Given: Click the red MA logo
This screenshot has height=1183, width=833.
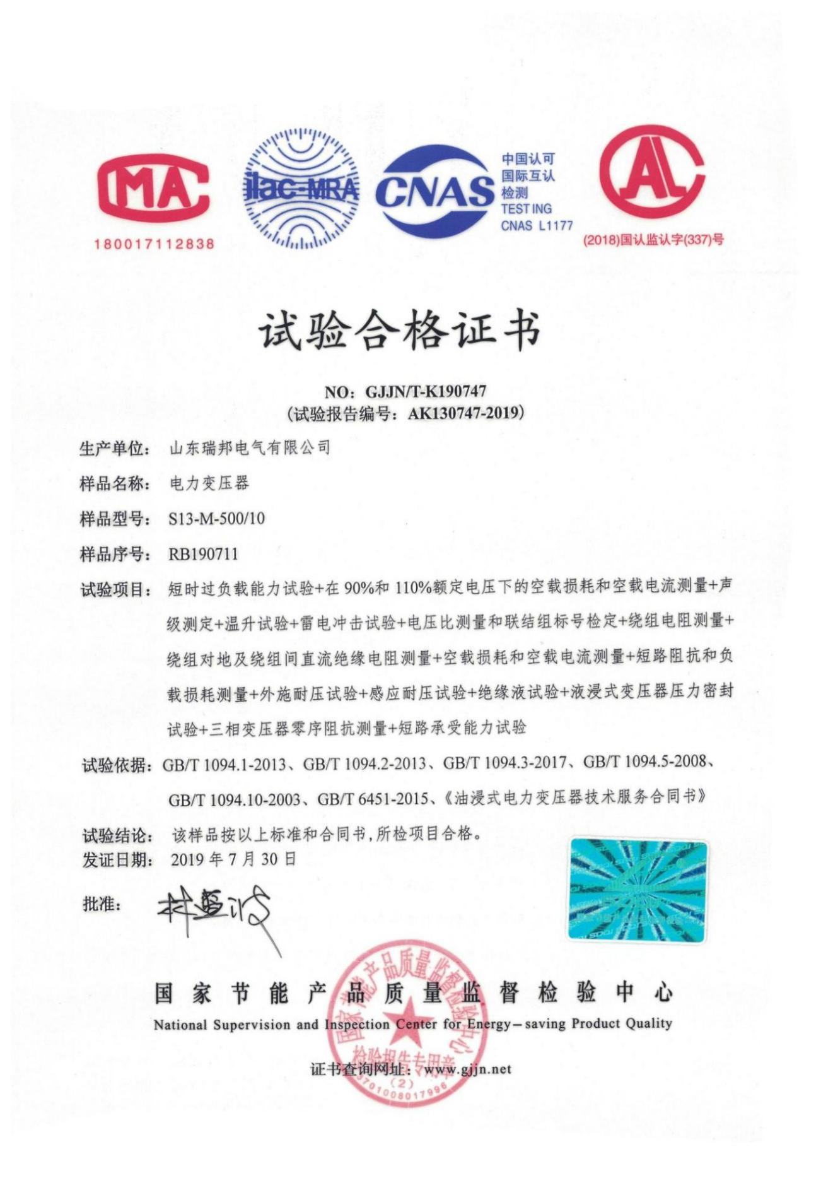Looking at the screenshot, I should [x=153, y=190].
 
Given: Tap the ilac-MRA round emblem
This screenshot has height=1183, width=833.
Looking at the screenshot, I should [x=301, y=188].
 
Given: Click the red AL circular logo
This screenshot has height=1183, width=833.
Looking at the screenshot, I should [x=651, y=173].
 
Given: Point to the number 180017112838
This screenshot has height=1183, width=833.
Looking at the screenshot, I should [x=154, y=244].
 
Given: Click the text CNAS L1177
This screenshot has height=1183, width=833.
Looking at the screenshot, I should [x=537, y=226].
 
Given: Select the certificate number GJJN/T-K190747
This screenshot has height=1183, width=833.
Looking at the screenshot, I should [x=426, y=392].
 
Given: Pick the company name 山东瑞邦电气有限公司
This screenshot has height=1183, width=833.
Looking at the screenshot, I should [x=250, y=449].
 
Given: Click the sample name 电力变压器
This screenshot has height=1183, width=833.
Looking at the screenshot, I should [x=209, y=484].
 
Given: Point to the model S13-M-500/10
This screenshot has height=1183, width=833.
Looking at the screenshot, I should [x=216, y=519].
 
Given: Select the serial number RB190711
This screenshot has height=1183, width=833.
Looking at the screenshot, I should [x=203, y=555].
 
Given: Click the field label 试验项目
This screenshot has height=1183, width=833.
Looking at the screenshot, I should [x=115, y=591].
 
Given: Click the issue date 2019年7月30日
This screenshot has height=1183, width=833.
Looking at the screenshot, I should [x=233, y=859].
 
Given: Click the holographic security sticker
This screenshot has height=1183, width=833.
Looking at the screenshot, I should [x=638, y=890].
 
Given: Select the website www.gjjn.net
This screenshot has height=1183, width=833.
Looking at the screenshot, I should [x=467, y=1069].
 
